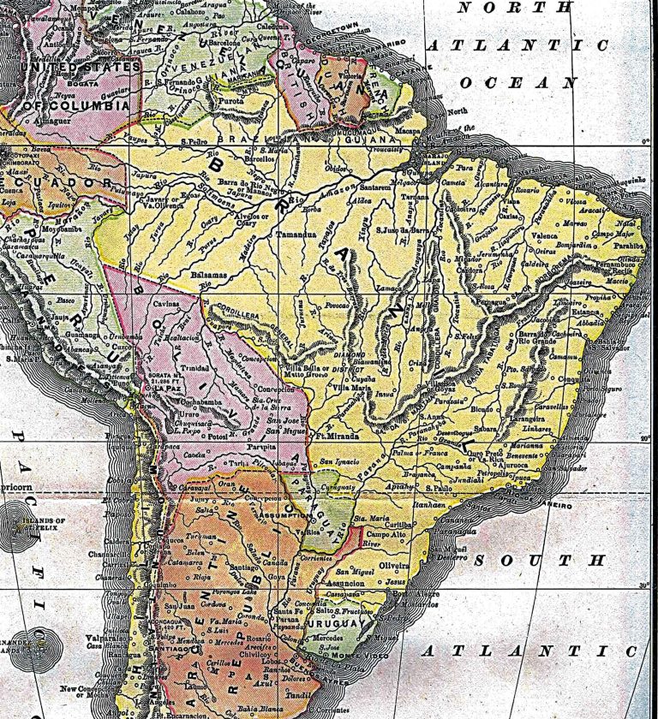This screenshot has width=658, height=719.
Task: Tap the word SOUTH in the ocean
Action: click(x=539, y=561)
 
